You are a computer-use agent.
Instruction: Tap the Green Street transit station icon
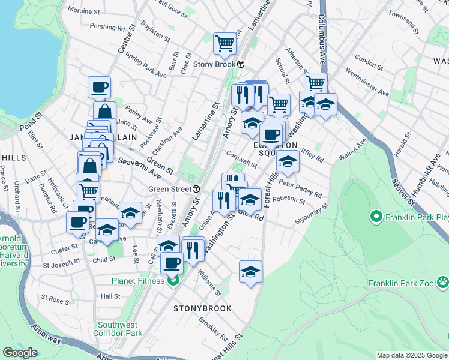[x=197, y=188]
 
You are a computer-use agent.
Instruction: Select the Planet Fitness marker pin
[x=174, y=281]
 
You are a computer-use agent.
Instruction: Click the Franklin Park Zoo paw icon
[x=442, y=281]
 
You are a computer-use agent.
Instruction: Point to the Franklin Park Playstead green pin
[x=376, y=215]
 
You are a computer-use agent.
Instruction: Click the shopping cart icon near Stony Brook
[x=224, y=43]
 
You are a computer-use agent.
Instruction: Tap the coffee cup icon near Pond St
[x=99, y=87]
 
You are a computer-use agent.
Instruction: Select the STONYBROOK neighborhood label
[x=202, y=308]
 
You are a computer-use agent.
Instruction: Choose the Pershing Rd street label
[x=107, y=27]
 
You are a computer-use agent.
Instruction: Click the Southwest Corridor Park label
[x=120, y=329]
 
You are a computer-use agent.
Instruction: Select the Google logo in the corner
[x=20, y=353]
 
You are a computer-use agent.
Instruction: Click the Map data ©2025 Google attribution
[x=412, y=355]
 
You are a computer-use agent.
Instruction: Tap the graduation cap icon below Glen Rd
[x=250, y=271]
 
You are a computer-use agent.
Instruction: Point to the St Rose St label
[x=56, y=298]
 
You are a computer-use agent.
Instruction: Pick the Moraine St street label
[x=84, y=11]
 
